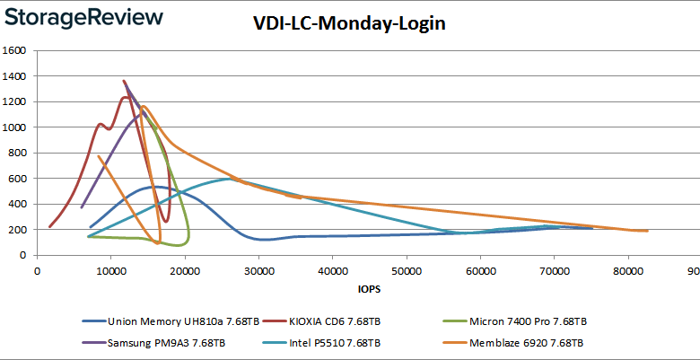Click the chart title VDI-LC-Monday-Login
[x=349, y=24]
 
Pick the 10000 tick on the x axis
[x=110, y=268]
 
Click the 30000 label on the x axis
[x=258, y=268]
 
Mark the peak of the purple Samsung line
[x=125, y=82]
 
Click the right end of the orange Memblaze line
[x=647, y=231]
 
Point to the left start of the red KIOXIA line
[x=49, y=226]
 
